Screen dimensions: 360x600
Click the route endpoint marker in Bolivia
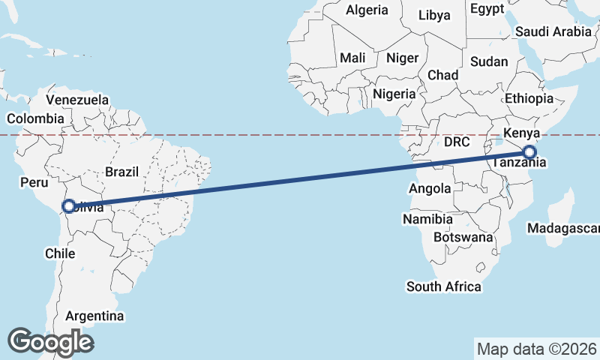[x=68, y=205]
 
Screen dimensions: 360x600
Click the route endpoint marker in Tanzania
[x=529, y=152]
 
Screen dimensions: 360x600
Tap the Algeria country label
[x=367, y=10]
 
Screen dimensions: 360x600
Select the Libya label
[x=435, y=15]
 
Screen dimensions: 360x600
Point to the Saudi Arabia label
[x=553, y=31]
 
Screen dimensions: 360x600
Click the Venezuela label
[x=77, y=100]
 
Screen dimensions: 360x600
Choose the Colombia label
[x=35, y=118]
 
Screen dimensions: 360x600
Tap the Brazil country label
[x=121, y=171]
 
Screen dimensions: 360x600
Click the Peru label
[x=34, y=182]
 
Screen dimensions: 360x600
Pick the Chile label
[x=60, y=253]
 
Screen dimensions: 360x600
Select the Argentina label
[x=94, y=316]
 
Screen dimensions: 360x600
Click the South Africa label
[x=444, y=286]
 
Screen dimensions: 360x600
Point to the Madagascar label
[x=563, y=228]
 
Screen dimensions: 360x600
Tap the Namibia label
[x=427, y=219]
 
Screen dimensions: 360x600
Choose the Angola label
[x=430, y=189]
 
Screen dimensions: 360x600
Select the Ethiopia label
[x=528, y=98]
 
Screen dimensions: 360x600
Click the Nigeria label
[x=394, y=94]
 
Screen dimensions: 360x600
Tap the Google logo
[x=50, y=342]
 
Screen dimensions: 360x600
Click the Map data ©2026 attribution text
[x=537, y=349]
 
